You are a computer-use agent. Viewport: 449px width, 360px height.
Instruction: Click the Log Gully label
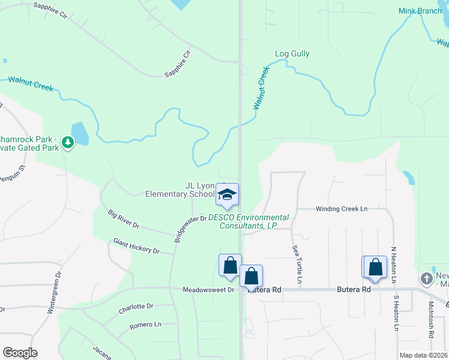pos(292,54)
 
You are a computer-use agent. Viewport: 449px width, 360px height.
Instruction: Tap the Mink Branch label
pos(420,11)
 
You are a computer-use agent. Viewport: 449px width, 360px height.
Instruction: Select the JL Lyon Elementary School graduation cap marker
pos(226,194)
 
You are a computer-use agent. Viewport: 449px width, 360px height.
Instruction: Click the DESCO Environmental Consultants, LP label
pos(249,221)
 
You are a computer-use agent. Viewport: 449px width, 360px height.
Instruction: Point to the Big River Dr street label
pos(124,219)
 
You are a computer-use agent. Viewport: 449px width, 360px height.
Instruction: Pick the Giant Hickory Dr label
pos(136,246)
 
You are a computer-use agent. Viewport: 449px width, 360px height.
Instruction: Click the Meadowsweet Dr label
pos(208,290)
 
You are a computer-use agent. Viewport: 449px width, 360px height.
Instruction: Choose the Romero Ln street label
pos(145,325)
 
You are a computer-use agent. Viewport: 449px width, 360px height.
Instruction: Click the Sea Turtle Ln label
pos(297,264)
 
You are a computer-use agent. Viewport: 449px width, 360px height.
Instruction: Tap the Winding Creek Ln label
pos(342,209)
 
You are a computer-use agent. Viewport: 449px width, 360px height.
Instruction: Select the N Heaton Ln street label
pos(394,265)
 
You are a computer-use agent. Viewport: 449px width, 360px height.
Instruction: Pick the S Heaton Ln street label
pos(396,313)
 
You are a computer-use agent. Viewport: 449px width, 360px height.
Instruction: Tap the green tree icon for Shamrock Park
pos(68,142)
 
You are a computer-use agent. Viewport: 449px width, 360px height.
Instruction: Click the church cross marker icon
pos(426,278)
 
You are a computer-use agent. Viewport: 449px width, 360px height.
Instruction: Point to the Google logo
pos(20,353)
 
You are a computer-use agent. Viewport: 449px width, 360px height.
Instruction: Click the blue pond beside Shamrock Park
pos(79,134)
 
